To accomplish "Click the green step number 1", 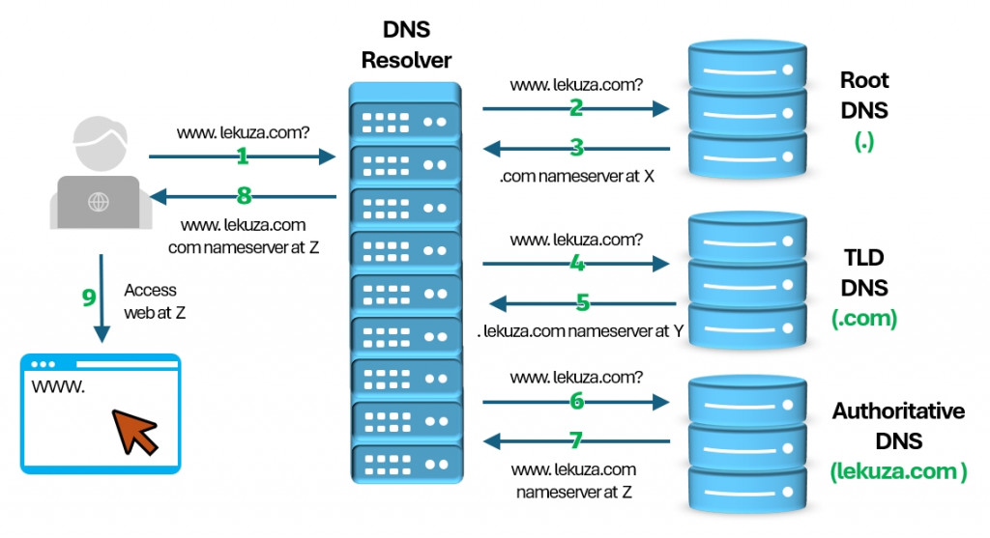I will (242, 155).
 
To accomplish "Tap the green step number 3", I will (577, 148).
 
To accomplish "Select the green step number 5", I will (582, 303).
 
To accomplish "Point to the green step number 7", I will (576, 440).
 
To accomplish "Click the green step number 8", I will (244, 196).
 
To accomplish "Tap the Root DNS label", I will (863, 96).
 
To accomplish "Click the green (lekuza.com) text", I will (898, 472).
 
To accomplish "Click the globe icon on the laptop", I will (98, 203).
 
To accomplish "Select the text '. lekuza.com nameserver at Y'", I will (581, 331).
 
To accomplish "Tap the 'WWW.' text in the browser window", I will (59, 387).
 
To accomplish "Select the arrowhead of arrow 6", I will (663, 400).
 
